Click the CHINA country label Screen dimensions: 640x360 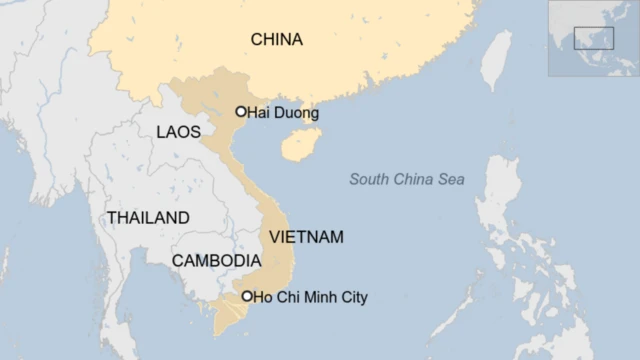click(x=276, y=40)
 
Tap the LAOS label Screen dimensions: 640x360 click(x=178, y=132)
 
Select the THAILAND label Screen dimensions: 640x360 click(x=148, y=217)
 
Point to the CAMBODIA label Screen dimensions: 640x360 click(x=216, y=260)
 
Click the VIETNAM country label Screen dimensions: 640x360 click(x=306, y=237)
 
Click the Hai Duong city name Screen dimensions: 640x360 click(x=283, y=113)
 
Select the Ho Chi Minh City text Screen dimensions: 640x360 click(x=310, y=297)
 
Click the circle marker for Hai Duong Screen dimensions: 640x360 click(x=241, y=112)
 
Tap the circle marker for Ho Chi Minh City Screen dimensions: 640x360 click(x=247, y=296)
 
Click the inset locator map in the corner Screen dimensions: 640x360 click(x=593, y=38)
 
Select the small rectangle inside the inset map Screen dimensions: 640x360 click(x=593, y=37)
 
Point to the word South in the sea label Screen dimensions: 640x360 click(x=369, y=179)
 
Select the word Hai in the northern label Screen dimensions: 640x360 click(x=257, y=113)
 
